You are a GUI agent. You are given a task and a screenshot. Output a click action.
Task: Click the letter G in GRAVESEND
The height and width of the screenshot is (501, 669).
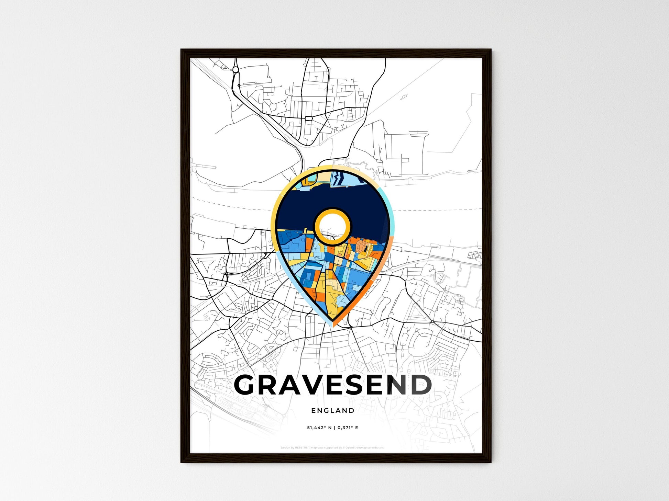click(246, 385)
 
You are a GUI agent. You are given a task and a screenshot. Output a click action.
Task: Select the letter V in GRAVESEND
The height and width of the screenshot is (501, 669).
click(308, 385)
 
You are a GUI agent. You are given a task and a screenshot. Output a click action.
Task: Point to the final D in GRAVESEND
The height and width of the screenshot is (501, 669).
click(419, 385)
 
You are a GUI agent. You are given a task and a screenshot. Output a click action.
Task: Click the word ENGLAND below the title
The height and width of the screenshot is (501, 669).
click(332, 410)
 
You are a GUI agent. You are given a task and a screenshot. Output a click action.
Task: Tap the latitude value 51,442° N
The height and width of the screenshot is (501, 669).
click(319, 428)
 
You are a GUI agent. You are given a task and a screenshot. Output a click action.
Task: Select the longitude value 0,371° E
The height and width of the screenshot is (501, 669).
click(348, 428)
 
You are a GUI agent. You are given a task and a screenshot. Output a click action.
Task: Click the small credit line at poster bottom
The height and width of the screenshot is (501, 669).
click(332, 448)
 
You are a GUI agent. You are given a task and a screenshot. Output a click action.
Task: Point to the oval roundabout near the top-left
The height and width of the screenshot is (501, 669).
click(235, 70)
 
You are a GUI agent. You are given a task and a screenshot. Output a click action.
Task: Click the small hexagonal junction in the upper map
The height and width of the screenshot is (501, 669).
click(308, 118)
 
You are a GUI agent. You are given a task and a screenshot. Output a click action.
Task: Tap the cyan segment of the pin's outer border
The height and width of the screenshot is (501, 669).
click(388, 203)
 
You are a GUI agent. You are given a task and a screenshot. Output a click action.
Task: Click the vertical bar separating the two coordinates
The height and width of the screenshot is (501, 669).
click(334, 428)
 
